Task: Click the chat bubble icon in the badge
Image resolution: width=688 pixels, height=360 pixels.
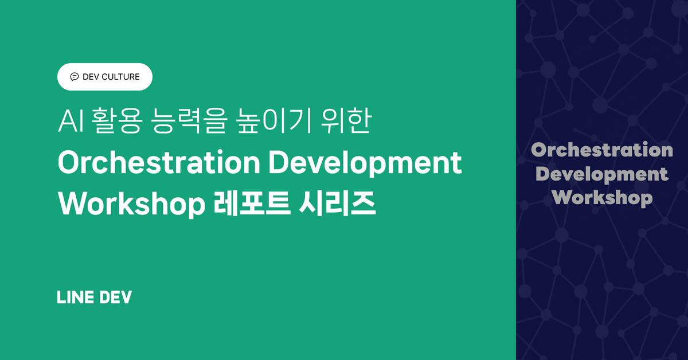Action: tap(74, 77)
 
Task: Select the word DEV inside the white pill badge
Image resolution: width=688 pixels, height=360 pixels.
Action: tap(91, 77)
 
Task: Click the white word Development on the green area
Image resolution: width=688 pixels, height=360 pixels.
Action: tap(365, 165)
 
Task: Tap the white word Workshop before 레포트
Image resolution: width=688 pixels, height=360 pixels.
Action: tap(131, 204)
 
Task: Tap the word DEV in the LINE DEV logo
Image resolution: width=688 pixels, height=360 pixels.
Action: tap(116, 298)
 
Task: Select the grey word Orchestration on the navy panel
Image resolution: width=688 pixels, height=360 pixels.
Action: tap(602, 150)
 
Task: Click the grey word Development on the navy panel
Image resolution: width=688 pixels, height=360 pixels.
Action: tap(602, 174)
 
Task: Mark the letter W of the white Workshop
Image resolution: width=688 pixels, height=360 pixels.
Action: tap(70, 204)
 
